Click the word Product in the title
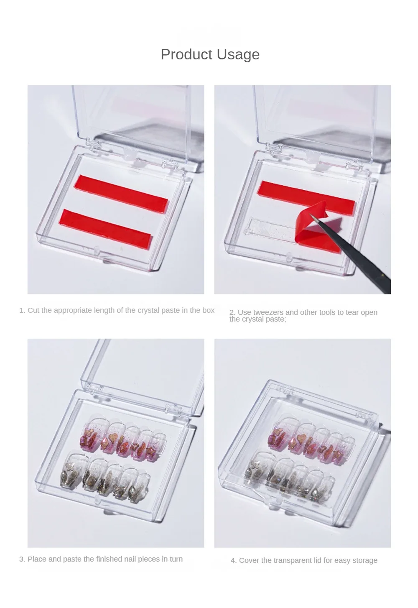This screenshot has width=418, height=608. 186,54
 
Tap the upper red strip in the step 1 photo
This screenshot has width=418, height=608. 121,194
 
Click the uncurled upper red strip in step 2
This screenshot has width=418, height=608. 306,195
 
